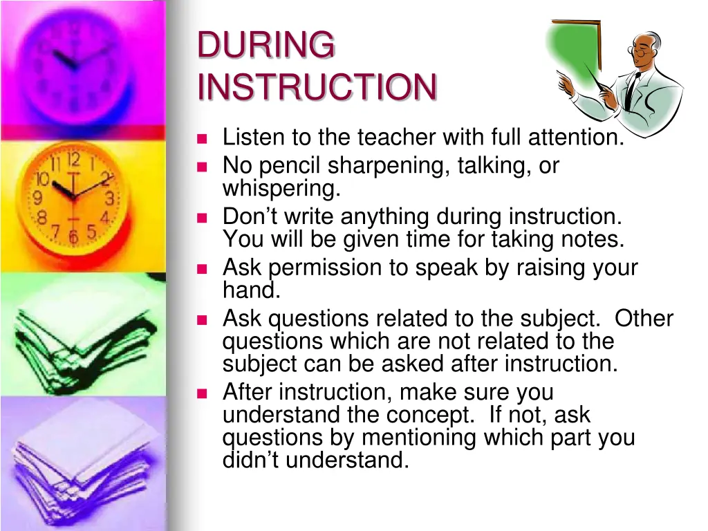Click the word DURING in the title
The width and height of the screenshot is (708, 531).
(266, 46)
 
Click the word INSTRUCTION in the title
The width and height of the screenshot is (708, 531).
(317, 88)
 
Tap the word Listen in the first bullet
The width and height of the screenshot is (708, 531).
(253, 138)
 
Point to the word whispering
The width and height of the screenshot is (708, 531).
(281, 189)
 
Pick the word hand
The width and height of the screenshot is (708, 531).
(250, 290)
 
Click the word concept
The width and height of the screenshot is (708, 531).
(429, 416)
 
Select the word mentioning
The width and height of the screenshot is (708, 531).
(419, 438)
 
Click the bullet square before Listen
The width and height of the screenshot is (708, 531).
(202, 138)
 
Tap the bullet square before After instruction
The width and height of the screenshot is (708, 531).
(202, 393)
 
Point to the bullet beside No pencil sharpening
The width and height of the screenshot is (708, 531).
(202, 167)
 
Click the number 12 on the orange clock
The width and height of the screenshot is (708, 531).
(73, 161)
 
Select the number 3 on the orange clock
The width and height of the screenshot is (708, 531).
(109, 199)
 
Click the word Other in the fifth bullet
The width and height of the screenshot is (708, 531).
(644, 319)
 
